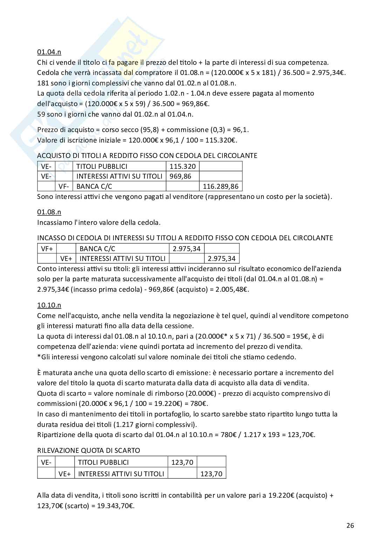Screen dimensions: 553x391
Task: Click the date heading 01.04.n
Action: click(49, 52)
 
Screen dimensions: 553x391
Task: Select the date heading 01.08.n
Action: click(49, 212)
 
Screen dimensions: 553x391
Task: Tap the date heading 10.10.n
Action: click(49, 305)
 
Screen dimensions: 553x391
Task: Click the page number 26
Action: click(350, 525)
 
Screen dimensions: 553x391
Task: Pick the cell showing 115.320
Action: click(183, 166)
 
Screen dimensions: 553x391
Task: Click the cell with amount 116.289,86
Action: click(220, 186)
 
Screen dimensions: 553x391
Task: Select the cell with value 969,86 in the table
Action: click(180, 176)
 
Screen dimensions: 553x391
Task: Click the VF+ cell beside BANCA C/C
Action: click(47, 249)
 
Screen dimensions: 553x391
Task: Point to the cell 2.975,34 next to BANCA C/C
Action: click(187, 249)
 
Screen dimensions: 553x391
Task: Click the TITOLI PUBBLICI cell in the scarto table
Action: click(103, 462)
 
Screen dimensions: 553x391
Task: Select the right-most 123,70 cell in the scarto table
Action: click(211, 474)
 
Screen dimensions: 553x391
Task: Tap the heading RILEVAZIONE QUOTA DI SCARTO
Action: click(89, 450)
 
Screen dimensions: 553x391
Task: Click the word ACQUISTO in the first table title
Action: click(53, 155)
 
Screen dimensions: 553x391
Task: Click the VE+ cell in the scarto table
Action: click(65, 474)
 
